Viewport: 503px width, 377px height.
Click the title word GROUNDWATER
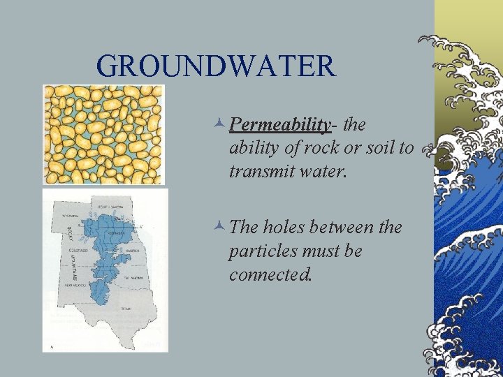[217, 66]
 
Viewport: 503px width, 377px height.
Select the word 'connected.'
[269, 274]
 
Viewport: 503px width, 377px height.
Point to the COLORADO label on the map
[78, 249]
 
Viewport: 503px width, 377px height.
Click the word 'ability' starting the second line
[250, 148]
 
